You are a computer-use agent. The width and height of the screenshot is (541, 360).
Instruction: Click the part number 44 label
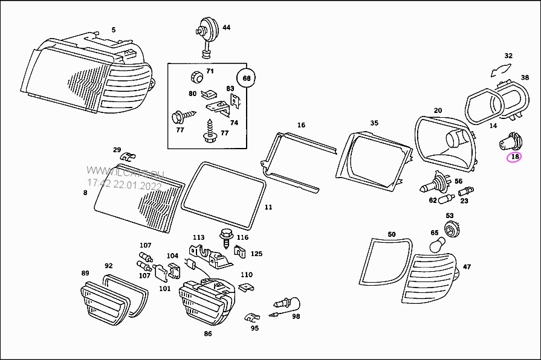click(226, 28)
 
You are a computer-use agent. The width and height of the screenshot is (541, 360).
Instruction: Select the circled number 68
click(247, 78)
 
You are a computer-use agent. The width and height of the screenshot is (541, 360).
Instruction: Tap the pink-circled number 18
click(514, 157)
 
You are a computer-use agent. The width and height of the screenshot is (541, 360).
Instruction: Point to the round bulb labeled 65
click(436, 245)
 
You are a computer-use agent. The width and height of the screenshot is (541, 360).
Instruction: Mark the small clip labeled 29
click(128, 158)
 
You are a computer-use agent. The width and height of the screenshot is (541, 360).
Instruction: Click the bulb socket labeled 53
click(450, 228)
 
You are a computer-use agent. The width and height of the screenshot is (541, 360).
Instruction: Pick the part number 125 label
click(256, 254)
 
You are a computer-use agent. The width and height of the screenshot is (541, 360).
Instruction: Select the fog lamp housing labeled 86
click(206, 300)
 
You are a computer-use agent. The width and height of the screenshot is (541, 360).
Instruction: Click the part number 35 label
click(374, 123)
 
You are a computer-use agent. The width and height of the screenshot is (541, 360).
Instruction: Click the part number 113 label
click(199, 237)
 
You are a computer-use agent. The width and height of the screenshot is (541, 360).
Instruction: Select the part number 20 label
click(438, 111)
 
